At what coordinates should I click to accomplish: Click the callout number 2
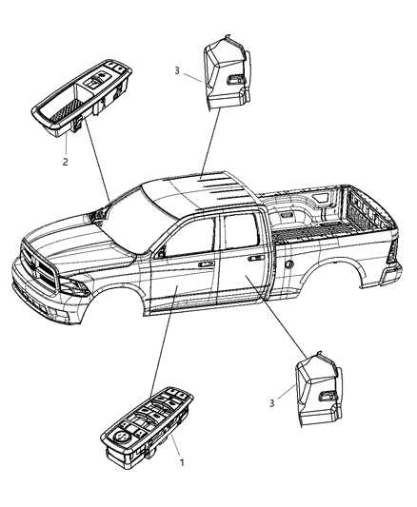(x=66, y=163)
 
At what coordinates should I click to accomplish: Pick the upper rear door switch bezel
(x=225, y=71)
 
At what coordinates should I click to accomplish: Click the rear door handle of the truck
(x=254, y=256)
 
